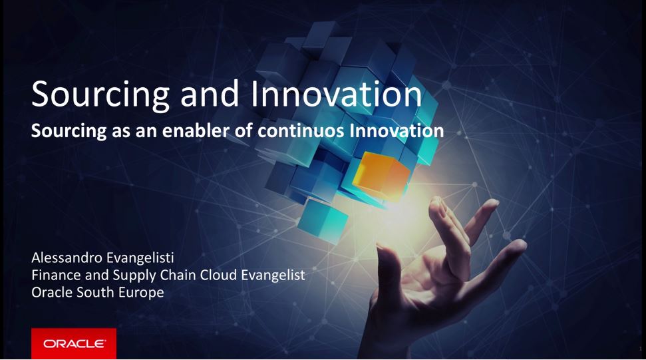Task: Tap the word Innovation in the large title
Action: (336, 94)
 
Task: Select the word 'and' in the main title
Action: (210, 94)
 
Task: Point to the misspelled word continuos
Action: (301, 131)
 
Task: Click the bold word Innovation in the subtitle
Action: (397, 130)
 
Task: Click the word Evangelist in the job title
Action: (273, 275)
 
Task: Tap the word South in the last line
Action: (96, 292)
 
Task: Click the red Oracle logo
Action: (74, 343)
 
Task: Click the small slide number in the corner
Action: (640, 349)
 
